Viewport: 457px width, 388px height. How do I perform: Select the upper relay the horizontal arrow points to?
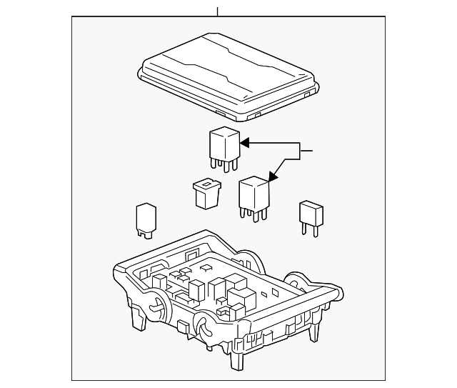coord(224,143)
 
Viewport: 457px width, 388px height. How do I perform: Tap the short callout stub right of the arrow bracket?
coord(306,151)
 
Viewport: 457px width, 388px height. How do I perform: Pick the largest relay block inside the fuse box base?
coord(238,285)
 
